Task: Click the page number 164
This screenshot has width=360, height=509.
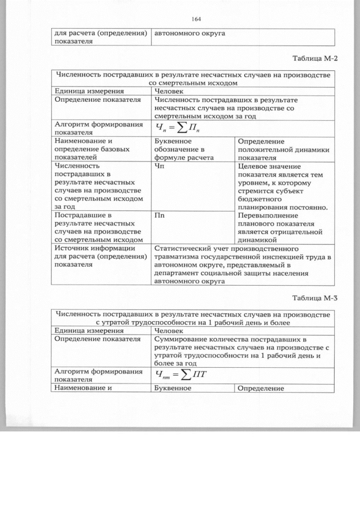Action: point(196,19)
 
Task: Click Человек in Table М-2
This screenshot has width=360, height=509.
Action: point(169,91)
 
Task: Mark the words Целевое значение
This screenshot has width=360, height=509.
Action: point(269,166)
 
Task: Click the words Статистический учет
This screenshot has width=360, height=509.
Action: point(198,247)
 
